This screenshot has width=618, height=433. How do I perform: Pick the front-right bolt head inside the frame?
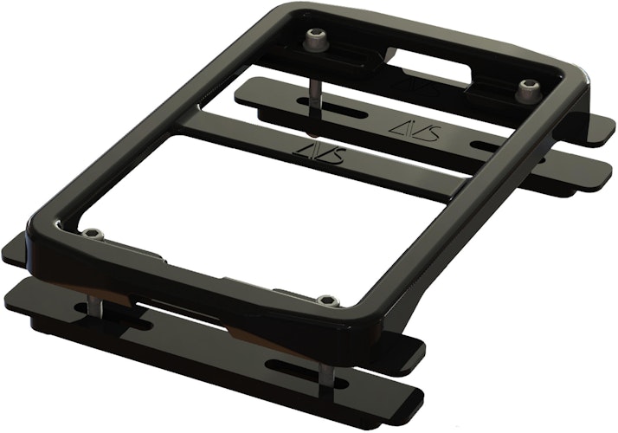click(327, 301)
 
